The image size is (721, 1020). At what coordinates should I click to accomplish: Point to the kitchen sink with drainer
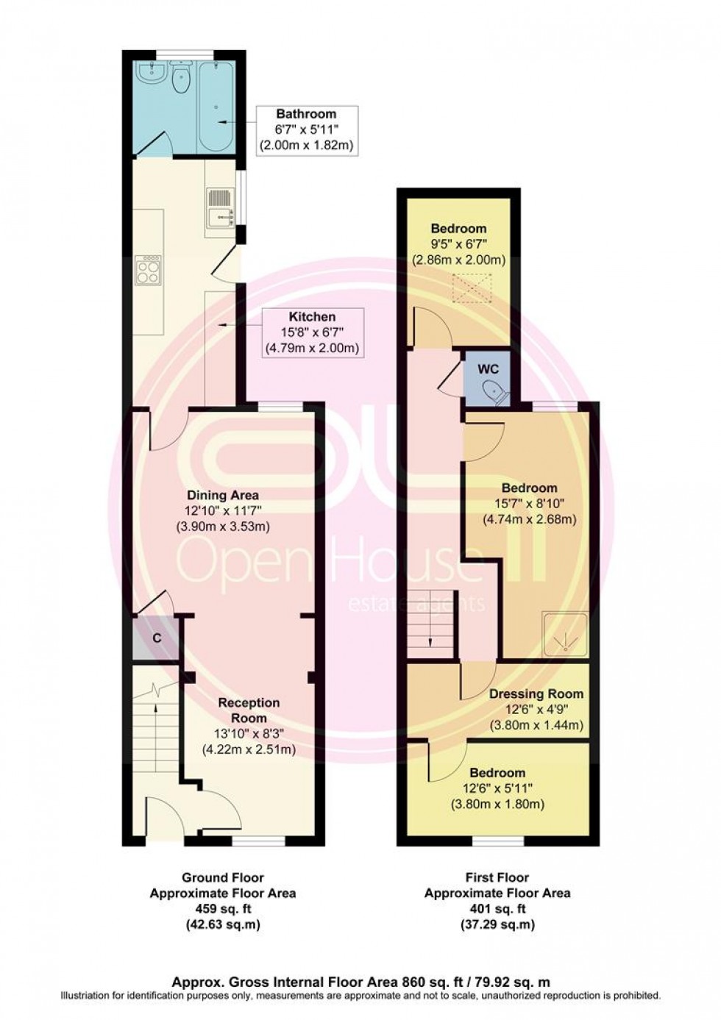(220, 207)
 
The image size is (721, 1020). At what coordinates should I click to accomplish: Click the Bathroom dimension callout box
(306, 130)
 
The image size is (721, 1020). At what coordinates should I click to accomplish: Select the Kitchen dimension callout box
(313, 332)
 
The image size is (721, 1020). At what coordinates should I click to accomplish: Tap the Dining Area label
(222, 495)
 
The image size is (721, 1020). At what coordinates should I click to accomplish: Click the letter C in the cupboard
(157, 638)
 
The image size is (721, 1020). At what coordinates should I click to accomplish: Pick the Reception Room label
(249, 710)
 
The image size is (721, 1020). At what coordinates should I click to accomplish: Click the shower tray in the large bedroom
(564, 634)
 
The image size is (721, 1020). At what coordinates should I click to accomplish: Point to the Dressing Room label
(536, 693)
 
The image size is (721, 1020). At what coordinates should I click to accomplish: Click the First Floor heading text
(497, 877)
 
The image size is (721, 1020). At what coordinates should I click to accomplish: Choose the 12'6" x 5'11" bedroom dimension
(497, 788)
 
